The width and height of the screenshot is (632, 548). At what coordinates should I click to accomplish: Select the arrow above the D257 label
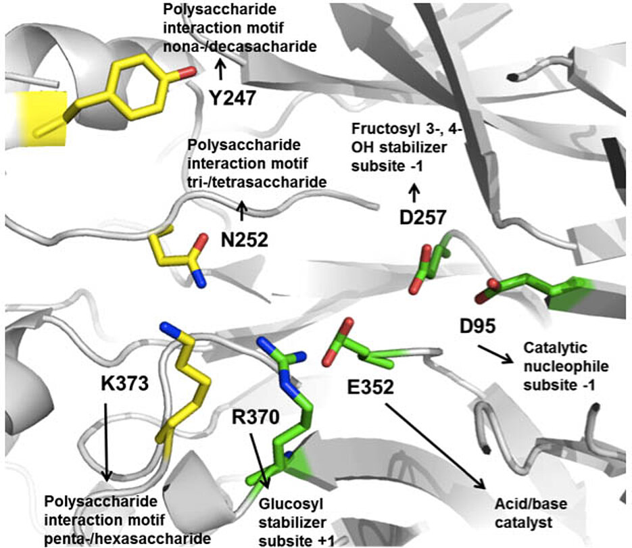click(414, 193)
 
